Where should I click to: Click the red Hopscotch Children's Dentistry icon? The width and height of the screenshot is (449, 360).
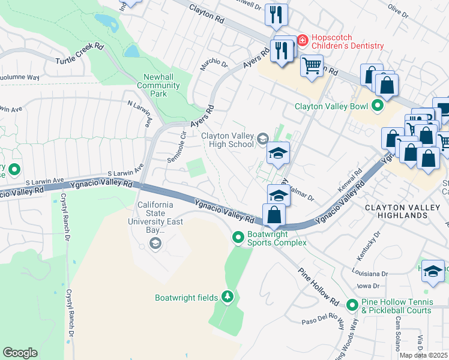pos(303,41)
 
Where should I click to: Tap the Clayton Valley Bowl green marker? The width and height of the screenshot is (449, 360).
pos(378,107)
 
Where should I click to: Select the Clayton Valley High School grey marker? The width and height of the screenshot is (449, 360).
pos(262,140)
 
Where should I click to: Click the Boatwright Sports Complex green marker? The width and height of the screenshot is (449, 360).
pos(238,238)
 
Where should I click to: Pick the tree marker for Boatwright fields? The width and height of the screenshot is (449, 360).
pos(227,297)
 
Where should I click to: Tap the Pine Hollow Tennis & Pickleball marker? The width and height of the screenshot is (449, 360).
pos(352,305)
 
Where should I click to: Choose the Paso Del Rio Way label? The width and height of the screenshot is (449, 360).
pos(324,319)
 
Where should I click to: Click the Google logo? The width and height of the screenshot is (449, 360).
pos(20,353)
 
